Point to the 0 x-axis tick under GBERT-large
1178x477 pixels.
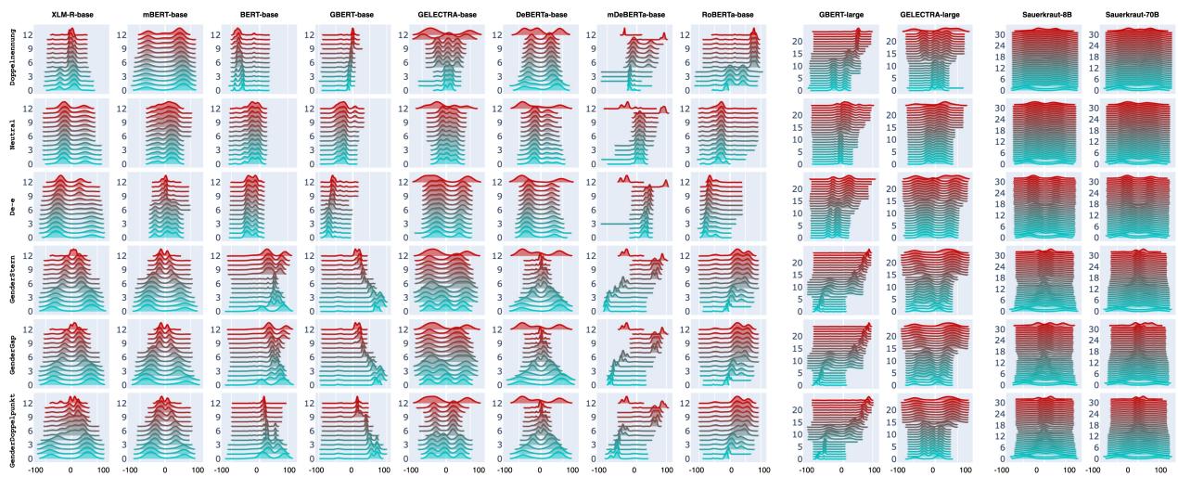(x=840, y=470)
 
